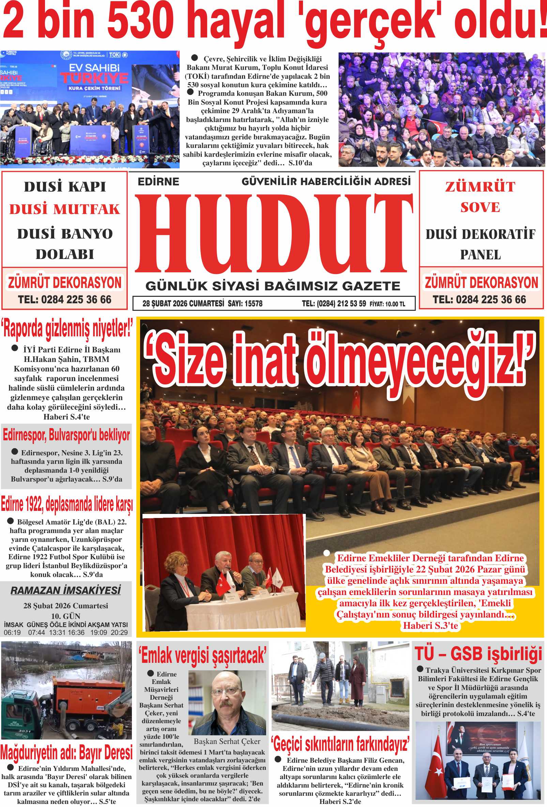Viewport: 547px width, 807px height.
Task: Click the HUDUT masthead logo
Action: click(x=273, y=233)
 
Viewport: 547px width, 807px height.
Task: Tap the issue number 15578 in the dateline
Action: click(x=254, y=304)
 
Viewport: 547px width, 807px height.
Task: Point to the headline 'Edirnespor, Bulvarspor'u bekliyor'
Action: click(x=66, y=435)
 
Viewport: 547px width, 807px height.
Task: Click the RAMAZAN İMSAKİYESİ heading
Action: click(x=66, y=590)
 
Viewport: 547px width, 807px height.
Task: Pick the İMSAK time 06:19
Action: click(x=12, y=632)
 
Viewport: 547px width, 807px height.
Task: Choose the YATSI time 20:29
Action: click(x=119, y=632)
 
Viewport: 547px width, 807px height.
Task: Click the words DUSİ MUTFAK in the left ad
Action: click(x=65, y=209)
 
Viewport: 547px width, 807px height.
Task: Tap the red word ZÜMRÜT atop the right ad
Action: click(x=480, y=187)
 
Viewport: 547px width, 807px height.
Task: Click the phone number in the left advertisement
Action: click(x=65, y=299)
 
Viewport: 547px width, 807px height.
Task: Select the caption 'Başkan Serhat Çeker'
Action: click(x=227, y=741)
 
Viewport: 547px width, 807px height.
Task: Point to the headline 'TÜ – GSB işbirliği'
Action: click(x=478, y=654)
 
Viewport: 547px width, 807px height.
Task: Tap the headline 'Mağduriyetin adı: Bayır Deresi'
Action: click(x=66, y=752)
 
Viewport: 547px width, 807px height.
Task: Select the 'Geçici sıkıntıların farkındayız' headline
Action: click(x=340, y=744)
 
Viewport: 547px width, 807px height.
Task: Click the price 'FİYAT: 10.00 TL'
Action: click(x=387, y=304)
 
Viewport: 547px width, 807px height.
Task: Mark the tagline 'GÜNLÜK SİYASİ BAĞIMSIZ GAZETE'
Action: click(x=273, y=286)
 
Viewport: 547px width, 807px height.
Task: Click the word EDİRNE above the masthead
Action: click(x=158, y=182)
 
